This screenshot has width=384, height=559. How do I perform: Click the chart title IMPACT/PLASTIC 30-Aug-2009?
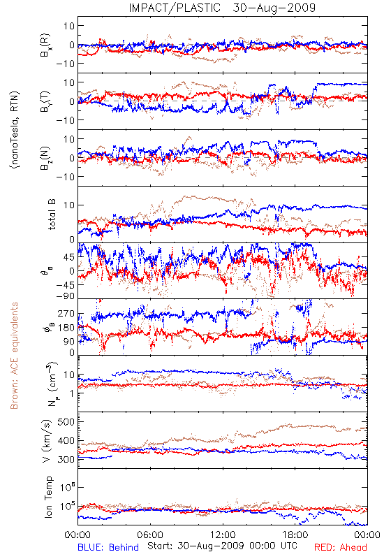coord(222,8)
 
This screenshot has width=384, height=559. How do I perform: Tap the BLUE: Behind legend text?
coord(108,547)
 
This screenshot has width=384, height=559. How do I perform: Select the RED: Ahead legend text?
coord(341,547)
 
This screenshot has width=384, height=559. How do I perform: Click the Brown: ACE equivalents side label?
coord(14,356)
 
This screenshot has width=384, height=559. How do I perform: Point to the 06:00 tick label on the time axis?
coord(150,535)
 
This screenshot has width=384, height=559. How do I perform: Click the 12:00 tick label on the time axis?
coord(223,535)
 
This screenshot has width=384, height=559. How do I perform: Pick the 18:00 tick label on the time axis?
coord(295,535)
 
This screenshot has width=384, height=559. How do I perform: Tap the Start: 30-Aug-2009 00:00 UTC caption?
coord(222,546)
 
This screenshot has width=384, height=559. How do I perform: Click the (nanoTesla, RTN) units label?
coord(15,130)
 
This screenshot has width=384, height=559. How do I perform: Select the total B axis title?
coord(51,215)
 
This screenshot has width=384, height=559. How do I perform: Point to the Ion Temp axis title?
coord(48,497)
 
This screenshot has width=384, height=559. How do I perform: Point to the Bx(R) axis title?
coord(45,45)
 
